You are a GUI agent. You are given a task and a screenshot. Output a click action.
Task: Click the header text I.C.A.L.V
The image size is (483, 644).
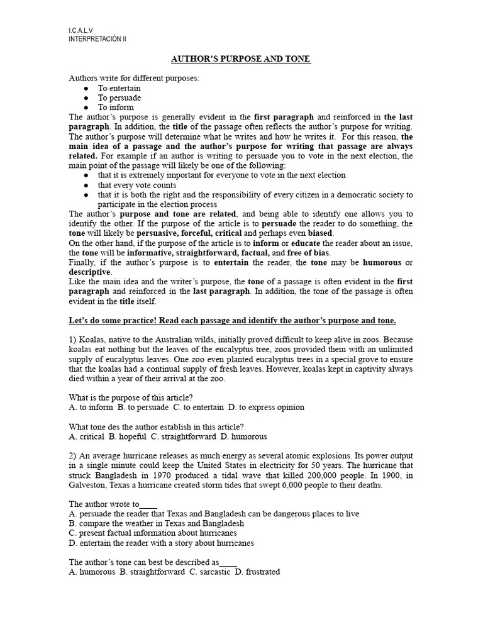coord(80,30)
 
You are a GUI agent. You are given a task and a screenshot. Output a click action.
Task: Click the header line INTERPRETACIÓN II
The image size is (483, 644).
coord(97,38)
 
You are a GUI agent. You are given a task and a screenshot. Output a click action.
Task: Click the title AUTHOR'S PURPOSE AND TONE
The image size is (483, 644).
coord(241,59)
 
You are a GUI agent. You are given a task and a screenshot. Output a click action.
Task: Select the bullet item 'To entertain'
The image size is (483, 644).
coord(119,89)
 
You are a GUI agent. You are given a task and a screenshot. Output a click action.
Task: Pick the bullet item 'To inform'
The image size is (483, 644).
coord(115,108)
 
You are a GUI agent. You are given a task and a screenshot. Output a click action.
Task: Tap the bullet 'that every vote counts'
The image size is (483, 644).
coord(136,186)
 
